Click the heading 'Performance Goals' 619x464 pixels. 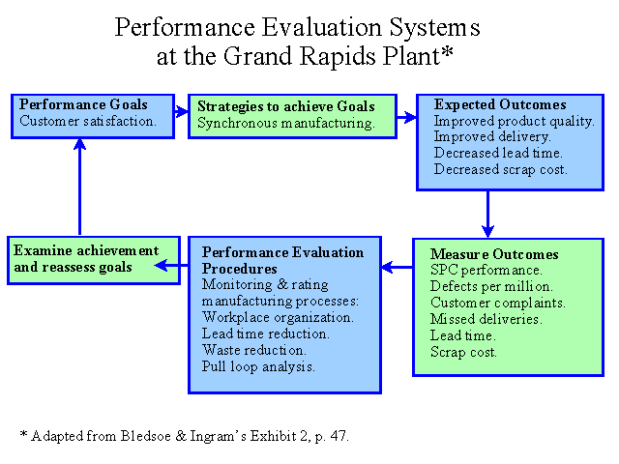83,104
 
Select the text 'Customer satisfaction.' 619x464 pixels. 88,121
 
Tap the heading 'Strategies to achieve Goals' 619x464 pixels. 286,106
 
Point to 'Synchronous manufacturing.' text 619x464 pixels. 286,123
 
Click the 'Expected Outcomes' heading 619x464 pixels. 500,104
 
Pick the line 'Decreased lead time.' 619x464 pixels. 498,153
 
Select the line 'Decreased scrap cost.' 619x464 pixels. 501,169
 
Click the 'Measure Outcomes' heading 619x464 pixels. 494,254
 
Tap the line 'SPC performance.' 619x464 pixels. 486,271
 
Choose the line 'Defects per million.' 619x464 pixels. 491,286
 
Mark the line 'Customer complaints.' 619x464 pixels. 498,303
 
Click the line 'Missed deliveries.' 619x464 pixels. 486,319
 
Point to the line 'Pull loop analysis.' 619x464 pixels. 258,366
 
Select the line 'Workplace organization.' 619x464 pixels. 278,317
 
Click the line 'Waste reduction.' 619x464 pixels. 253,350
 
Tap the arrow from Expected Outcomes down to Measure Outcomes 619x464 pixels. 487,215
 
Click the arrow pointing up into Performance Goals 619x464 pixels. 79,187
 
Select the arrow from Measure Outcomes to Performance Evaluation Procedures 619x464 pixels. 398,267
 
